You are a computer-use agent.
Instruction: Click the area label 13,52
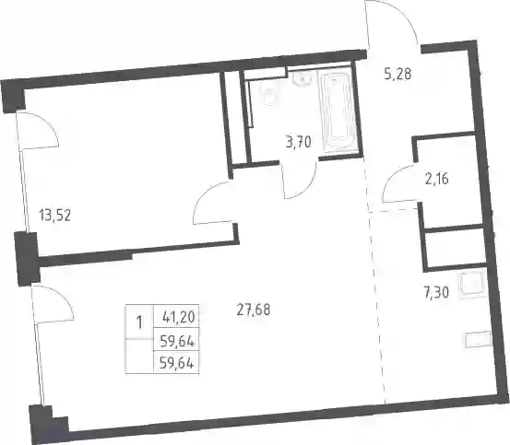coord(54,215)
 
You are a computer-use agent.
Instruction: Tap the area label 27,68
coord(254,310)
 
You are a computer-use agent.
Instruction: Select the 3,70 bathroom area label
coord(299,142)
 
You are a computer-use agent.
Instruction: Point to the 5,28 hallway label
coord(397,74)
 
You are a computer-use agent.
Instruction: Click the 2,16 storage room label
coord(437,179)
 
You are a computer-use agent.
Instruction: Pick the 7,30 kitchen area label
coord(436,293)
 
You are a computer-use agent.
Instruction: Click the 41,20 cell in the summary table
coord(178,316)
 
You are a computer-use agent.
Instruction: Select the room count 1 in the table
coord(139,323)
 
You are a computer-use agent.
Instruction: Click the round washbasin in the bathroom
coord(302,79)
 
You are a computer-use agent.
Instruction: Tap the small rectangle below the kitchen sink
coord(477,340)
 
